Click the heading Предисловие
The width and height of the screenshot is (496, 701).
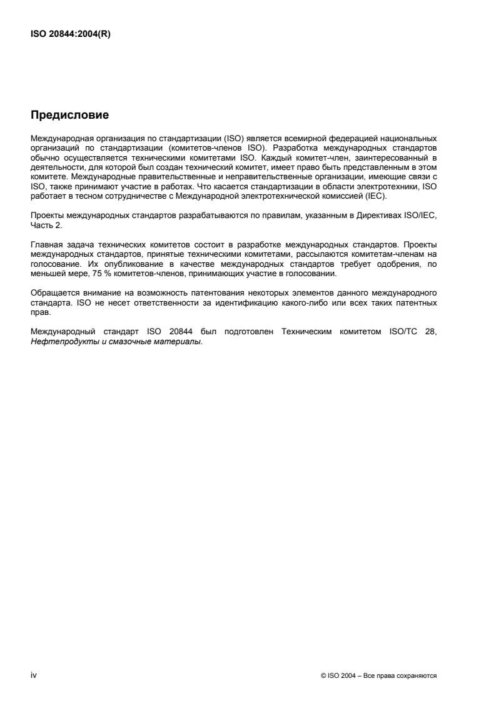pos(70,115)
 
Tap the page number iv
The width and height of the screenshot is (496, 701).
pos(34,675)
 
